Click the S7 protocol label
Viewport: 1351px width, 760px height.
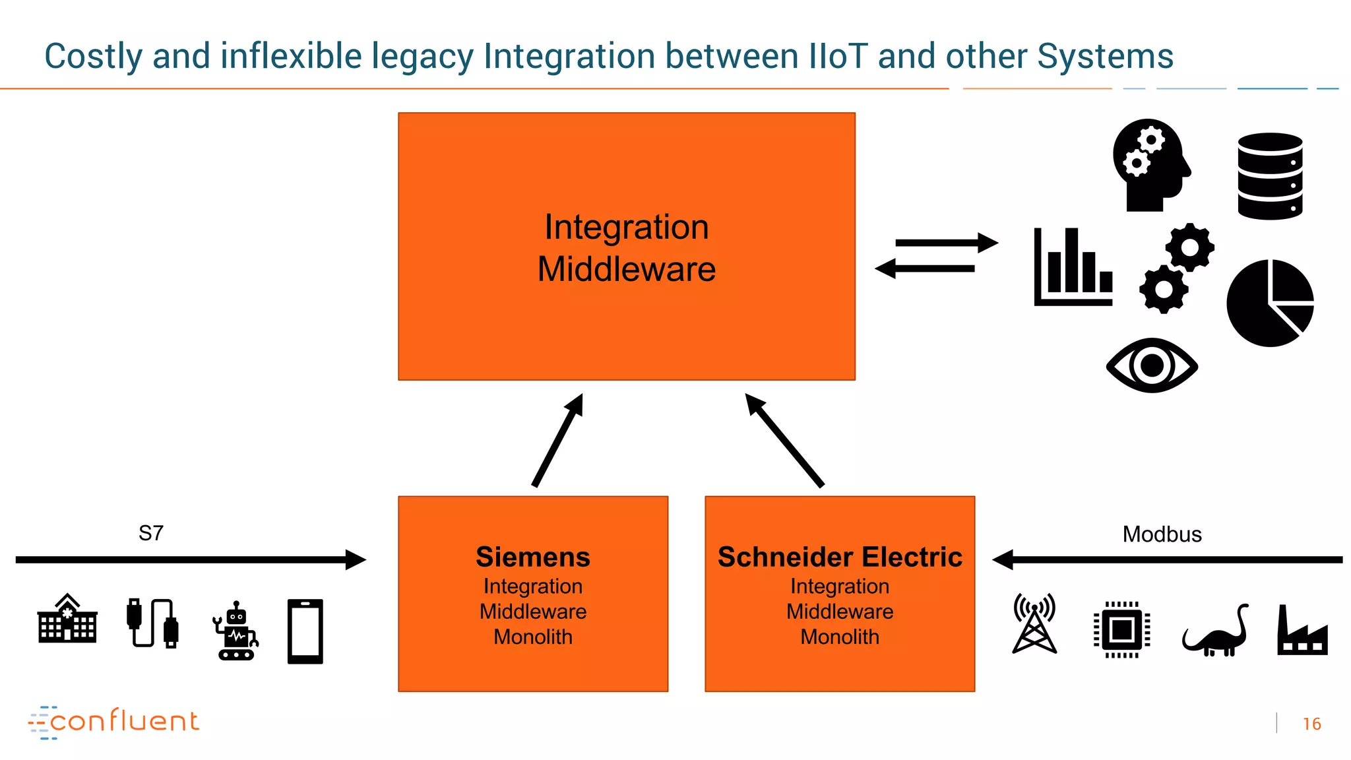pyautogui.click(x=151, y=533)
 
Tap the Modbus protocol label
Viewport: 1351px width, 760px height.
pyautogui.click(x=1162, y=534)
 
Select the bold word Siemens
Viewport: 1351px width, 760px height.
pyautogui.click(x=533, y=557)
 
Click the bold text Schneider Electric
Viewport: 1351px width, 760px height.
pyautogui.click(x=840, y=557)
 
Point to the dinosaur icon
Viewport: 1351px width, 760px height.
pyautogui.click(x=1215, y=632)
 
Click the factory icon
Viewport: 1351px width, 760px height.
pyautogui.click(x=1302, y=631)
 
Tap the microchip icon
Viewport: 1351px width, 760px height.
pyautogui.click(x=1121, y=630)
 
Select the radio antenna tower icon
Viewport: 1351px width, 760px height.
pyautogui.click(x=1034, y=623)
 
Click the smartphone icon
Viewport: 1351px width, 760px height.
pyautogui.click(x=305, y=631)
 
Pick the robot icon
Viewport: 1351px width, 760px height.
pyautogui.click(x=236, y=631)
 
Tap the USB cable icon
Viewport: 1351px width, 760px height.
pyautogui.click(x=152, y=623)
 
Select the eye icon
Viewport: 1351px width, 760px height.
pyautogui.click(x=1152, y=365)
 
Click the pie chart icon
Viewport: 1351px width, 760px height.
pyautogui.click(x=1270, y=303)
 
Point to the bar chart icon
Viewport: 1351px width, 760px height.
pyautogui.click(x=1073, y=267)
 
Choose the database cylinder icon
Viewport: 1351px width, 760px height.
pyautogui.click(x=1270, y=176)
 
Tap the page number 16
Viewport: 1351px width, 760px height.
pyautogui.click(x=1311, y=724)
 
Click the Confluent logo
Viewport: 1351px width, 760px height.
pyautogui.click(x=113, y=722)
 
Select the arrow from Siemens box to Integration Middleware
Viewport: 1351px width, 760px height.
pyautogui.click(x=558, y=440)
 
